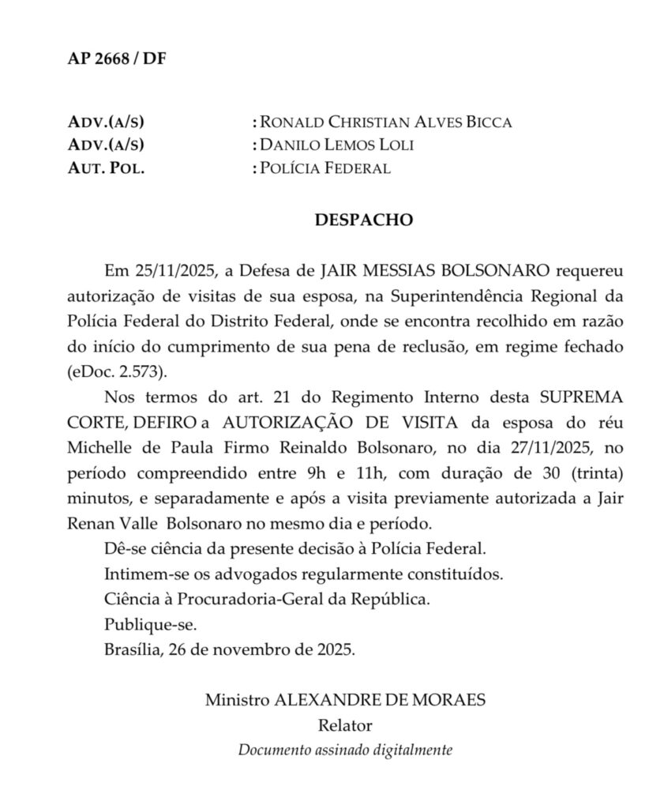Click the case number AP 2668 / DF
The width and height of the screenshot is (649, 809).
coord(116,60)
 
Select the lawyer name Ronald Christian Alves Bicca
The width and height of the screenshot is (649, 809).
coord(386,122)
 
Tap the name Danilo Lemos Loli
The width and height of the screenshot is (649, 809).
coord(336,145)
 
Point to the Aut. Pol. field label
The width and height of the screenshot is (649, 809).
coord(107,168)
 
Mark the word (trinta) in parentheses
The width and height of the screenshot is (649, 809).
coord(594,475)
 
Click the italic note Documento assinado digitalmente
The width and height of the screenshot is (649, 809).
coord(346,750)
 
